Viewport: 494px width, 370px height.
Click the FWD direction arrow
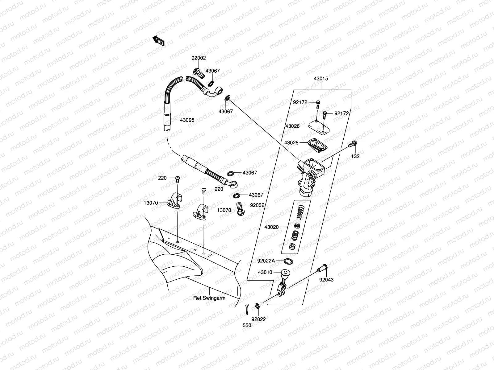pyautogui.click(x=159, y=41)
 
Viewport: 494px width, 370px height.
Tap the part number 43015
pyautogui.click(x=321, y=79)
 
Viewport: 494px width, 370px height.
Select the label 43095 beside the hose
pyautogui.click(x=187, y=120)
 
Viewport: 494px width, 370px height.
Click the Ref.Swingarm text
pyautogui.click(x=209, y=298)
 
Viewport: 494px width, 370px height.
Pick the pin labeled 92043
pyautogui.click(x=322, y=268)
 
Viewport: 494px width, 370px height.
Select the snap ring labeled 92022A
pyautogui.click(x=288, y=261)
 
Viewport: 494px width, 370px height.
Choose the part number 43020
pyautogui.click(x=271, y=227)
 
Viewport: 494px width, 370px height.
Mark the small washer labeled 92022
pyautogui.click(x=257, y=306)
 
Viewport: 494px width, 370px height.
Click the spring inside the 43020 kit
pyautogui.click(x=300, y=212)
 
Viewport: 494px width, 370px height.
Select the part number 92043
pyautogui.click(x=326, y=280)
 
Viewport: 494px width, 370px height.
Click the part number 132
pyautogui.click(x=355, y=156)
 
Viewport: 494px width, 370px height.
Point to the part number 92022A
pyautogui.click(x=266, y=261)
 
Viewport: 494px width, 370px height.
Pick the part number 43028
pyautogui.click(x=291, y=143)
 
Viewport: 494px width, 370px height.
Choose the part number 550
pyautogui.click(x=247, y=325)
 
